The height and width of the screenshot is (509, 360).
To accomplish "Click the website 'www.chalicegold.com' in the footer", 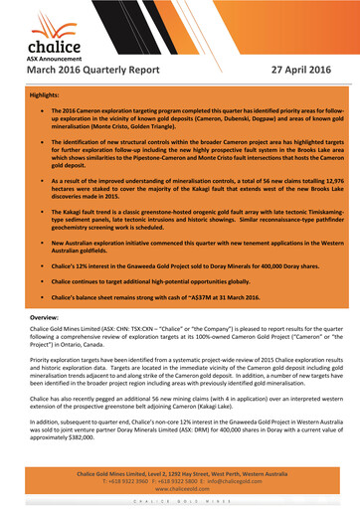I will click(179, 488).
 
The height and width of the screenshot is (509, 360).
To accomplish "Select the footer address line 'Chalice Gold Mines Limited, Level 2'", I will click(179, 473).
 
